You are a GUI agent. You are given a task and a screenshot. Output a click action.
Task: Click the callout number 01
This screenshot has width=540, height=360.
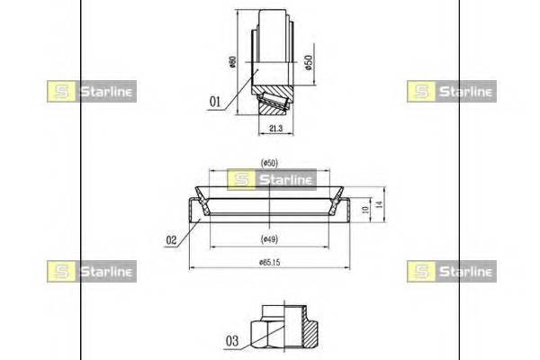point(215,102)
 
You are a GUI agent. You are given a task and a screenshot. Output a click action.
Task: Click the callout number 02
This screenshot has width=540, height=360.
point(171,240)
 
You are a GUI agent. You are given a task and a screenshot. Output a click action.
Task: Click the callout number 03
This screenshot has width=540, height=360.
point(232,341)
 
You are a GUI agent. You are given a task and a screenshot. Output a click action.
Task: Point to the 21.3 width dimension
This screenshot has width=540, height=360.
point(276,129)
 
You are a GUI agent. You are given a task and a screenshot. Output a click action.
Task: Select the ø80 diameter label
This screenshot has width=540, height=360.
point(233,62)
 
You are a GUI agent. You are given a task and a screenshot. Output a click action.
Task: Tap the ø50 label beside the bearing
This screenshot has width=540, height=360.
point(309,62)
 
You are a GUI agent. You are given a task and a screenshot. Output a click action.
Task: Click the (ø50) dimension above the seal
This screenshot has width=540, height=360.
point(269,163)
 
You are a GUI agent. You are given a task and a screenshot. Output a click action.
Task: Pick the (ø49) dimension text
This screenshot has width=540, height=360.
point(269,238)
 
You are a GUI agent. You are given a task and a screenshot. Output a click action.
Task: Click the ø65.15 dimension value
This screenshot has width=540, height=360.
point(270,263)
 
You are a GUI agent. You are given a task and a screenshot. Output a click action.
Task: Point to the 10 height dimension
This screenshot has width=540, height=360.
point(365,209)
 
